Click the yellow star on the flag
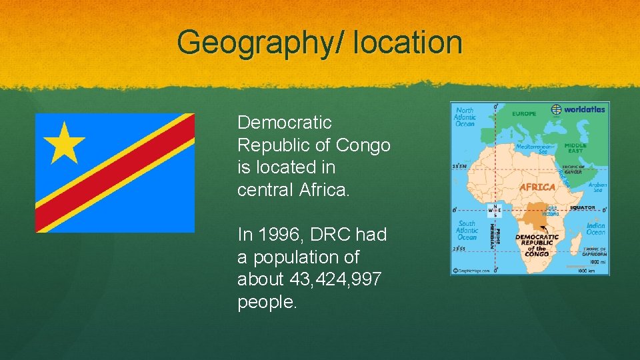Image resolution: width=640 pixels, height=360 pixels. tap(63, 142)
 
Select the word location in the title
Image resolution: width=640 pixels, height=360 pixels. tap(409, 43)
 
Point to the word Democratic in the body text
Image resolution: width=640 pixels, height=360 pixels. tap(285, 123)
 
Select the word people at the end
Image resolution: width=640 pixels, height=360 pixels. tap(267, 302)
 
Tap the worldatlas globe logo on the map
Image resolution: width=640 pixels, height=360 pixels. tap(556, 109)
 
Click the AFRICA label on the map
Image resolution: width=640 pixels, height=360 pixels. tap(537, 187)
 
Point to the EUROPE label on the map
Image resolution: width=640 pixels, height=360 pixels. tap(524, 114)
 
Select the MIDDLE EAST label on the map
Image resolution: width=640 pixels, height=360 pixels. tap(575, 148)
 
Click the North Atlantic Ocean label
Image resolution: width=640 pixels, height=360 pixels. tap(465, 117)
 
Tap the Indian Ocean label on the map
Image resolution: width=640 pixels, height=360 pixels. tap(595, 229)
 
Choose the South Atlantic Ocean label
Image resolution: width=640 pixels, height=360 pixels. tap(467, 230)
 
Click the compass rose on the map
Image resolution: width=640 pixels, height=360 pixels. tap(494, 211)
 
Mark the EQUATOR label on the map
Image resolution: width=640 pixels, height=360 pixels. tap(582, 207)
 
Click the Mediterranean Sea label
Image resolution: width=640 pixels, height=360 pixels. tap(535, 149)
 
